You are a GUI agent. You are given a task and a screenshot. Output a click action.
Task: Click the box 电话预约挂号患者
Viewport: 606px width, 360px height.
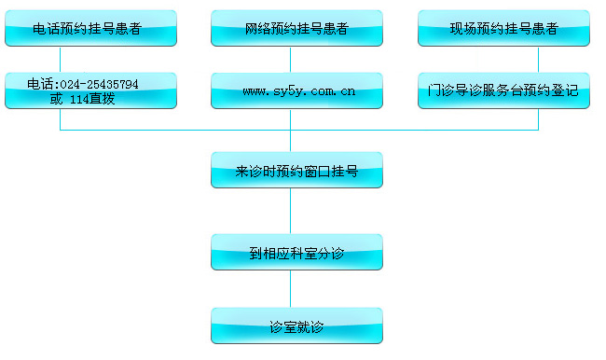click(x=90, y=28)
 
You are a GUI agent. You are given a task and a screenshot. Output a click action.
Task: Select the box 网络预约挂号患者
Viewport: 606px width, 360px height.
click(x=296, y=28)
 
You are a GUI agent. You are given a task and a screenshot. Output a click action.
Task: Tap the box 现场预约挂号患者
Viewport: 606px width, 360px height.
click(x=503, y=28)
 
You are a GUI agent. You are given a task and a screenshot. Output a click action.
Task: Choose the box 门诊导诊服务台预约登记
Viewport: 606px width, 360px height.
click(x=503, y=91)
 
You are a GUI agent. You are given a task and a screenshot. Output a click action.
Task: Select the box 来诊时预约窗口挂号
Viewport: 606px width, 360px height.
click(x=296, y=171)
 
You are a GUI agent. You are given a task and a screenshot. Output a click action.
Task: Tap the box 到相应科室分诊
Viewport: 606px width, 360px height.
click(x=296, y=252)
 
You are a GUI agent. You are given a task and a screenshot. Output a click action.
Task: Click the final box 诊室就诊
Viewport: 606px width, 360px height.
click(x=296, y=326)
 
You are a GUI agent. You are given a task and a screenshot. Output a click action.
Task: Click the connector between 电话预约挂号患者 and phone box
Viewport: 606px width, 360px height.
click(x=61, y=60)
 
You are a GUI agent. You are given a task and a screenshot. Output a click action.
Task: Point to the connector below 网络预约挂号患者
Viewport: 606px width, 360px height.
click(x=296, y=60)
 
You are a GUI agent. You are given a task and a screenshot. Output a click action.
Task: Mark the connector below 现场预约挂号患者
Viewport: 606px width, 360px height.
click(x=538, y=60)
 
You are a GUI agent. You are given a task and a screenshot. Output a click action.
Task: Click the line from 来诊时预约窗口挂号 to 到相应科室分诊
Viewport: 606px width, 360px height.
click(x=296, y=212)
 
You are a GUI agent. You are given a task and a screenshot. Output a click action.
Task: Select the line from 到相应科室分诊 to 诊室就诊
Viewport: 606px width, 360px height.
click(x=296, y=289)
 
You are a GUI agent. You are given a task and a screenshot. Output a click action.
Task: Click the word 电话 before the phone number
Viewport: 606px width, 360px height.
click(x=39, y=84)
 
